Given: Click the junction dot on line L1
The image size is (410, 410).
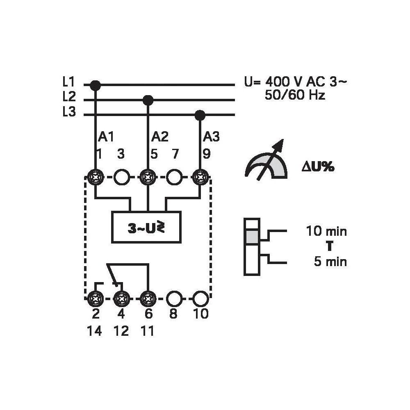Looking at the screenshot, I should point(95,85).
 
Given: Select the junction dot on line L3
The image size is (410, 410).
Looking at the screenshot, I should point(200,114).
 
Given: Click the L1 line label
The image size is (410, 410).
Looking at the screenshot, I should point(69,82).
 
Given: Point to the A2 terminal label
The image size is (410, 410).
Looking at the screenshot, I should point(160,137).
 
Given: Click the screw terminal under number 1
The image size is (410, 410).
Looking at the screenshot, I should point(95,178).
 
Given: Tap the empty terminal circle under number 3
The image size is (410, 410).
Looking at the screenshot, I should point(121,178).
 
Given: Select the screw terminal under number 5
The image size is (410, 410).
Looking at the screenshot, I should point(148,178).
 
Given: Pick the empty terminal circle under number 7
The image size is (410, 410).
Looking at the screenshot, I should point(174,178).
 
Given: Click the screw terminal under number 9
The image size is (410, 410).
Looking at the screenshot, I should point(200,178).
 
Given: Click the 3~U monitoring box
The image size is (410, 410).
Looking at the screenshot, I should point(146,228).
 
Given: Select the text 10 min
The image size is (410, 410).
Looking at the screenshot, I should point(326,232).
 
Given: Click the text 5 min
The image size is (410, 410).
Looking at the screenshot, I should point(330,262).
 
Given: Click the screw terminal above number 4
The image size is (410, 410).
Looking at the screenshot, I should point(121,298).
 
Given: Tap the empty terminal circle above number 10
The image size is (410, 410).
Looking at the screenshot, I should point(200,298).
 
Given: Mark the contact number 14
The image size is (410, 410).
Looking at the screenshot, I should point(94,331).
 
